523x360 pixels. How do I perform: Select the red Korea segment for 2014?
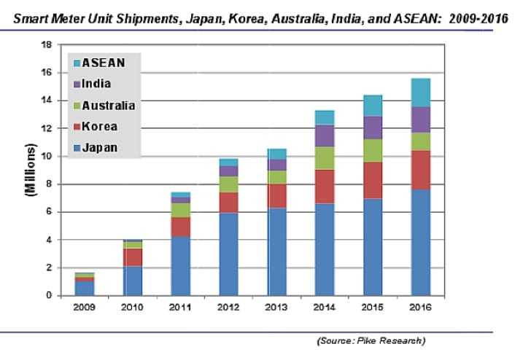[325, 187]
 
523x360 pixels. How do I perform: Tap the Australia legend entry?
[106, 105]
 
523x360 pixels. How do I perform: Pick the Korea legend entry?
[98, 126]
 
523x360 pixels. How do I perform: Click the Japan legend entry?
[98, 148]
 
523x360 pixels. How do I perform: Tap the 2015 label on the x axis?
[371, 308]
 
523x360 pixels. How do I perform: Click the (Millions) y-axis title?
[30, 171]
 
